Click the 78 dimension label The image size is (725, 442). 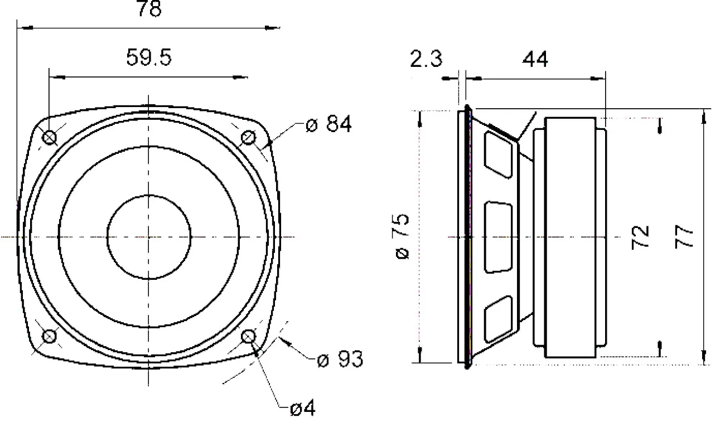click(x=149, y=8)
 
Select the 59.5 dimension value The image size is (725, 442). click(x=148, y=57)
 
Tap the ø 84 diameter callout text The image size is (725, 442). click(x=328, y=124)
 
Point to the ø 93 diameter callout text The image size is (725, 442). click(x=340, y=359)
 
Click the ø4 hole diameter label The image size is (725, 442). click(x=303, y=408)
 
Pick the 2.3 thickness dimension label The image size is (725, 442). click(x=426, y=59)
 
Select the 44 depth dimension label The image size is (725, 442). click(x=535, y=59)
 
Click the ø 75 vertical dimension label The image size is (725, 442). click(x=402, y=236)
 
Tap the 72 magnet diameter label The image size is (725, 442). click(x=640, y=237)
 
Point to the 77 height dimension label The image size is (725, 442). click(x=684, y=237)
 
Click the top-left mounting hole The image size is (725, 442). click(x=49, y=137)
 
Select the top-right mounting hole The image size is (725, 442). click(x=248, y=137)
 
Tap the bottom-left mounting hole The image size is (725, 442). click(x=49, y=337)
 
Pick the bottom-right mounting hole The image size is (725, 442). click(x=248, y=337)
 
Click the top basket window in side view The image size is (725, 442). click(x=499, y=154)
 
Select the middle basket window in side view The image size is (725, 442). click(x=499, y=237)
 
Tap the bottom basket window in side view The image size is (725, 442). click(x=499, y=320)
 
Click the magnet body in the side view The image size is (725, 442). click(x=571, y=237)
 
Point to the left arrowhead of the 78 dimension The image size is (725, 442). click(x=25, y=28)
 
